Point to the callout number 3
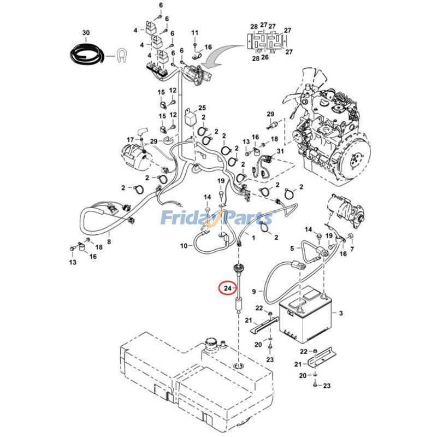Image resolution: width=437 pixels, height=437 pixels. pyautogui.click(x=340, y=313)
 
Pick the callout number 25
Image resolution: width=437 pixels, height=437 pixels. pyautogui.click(x=202, y=108)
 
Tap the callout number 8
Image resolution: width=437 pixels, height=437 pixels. pyautogui.click(x=109, y=241)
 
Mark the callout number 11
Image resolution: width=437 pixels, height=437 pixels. pyautogui.click(x=194, y=33)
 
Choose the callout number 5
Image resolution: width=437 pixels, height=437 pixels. pyautogui.click(x=292, y=249)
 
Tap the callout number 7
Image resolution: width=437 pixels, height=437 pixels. pyautogui.click(x=351, y=249)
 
